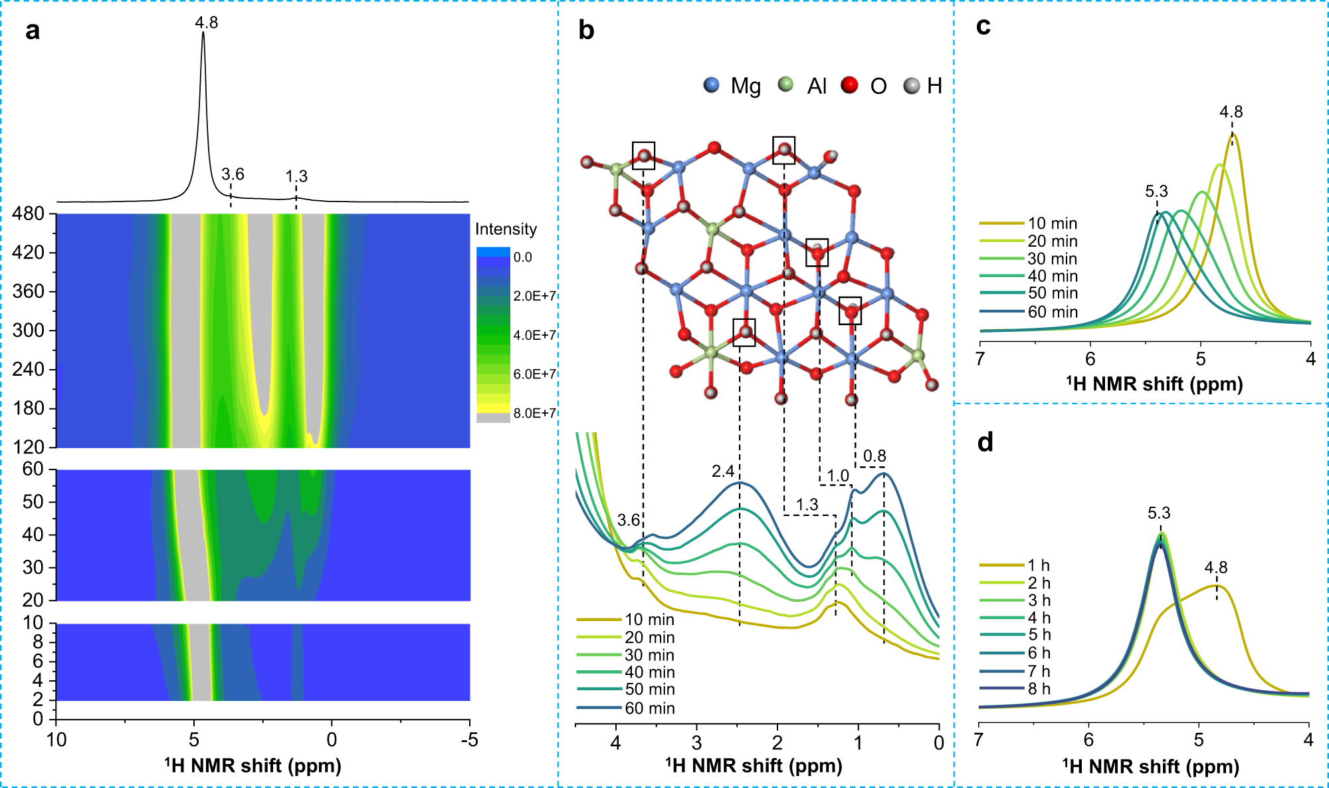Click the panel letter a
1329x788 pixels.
click(32, 31)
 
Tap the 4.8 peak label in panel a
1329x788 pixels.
click(206, 23)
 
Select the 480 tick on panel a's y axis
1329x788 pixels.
click(28, 213)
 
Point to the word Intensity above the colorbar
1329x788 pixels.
click(506, 229)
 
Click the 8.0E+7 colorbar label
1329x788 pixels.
click(534, 413)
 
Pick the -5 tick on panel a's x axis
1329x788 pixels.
click(469, 739)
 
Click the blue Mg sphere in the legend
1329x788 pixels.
click(711, 85)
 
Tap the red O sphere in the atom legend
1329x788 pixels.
click(849, 85)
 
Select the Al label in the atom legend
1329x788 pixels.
click(817, 86)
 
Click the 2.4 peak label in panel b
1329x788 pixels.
click(723, 471)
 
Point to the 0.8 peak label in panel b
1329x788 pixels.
click(874, 456)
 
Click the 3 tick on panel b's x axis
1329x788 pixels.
click(696, 742)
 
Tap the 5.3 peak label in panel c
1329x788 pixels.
click(1156, 192)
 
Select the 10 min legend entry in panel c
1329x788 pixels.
click(1052, 223)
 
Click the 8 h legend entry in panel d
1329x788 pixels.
click(1039, 689)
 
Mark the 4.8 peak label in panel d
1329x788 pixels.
click(1216, 567)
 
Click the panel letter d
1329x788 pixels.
click(985, 442)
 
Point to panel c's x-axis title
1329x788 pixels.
click(1154, 384)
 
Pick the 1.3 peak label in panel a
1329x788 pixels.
click(296, 176)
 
